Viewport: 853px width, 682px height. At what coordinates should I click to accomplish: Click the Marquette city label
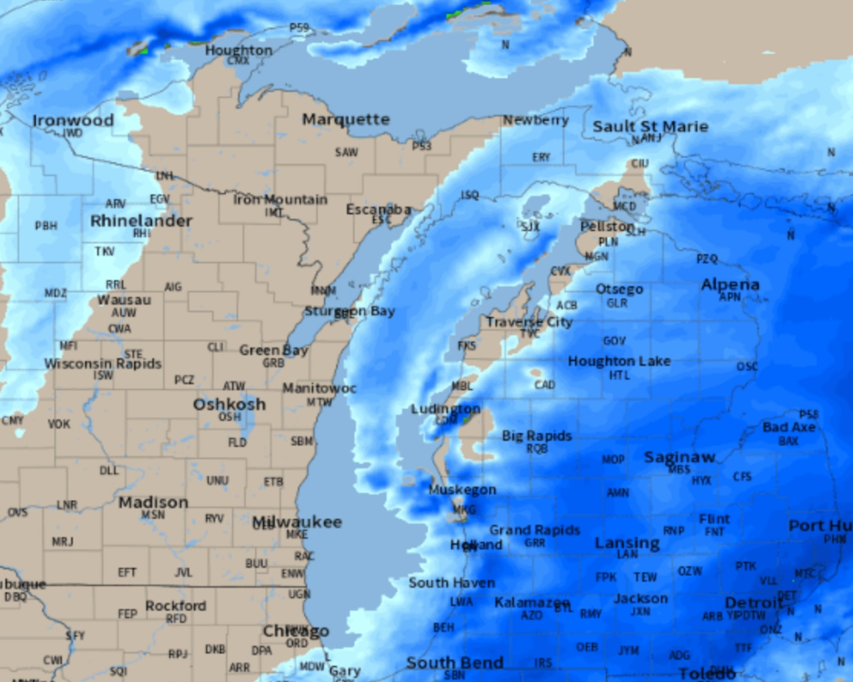[x=346, y=120]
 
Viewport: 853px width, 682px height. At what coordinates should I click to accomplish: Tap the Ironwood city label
[x=73, y=121]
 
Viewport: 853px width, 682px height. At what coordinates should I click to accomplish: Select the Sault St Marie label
[x=650, y=127]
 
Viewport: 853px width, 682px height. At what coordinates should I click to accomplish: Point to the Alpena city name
[x=730, y=284]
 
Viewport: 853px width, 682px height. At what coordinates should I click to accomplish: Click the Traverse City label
[x=529, y=322]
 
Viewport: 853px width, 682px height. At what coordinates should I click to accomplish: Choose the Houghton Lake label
[x=619, y=361]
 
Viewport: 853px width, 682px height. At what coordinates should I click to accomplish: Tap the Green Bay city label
[x=273, y=350]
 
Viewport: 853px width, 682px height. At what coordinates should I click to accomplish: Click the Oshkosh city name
[x=229, y=404]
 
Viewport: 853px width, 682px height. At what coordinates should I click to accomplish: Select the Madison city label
[x=153, y=502]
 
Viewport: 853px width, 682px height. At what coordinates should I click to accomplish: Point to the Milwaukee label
[x=297, y=522]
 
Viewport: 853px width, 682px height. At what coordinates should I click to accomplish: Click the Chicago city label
[x=296, y=631]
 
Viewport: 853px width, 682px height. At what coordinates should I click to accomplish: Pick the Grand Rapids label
[x=534, y=530]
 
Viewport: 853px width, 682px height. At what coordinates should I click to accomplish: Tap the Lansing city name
[x=627, y=543]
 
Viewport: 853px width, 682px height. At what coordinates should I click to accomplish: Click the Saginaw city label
[x=680, y=458]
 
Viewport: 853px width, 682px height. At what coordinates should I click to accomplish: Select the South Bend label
[x=454, y=663]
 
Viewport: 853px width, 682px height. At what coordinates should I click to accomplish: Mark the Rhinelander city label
[x=141, y=221]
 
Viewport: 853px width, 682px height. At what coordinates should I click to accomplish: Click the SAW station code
[x=347, y=153]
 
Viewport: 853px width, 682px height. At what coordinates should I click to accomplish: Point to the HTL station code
[x=619, y=376]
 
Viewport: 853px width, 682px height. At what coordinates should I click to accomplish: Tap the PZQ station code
[x=707, y=259]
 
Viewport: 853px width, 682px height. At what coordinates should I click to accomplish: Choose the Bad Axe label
[x=789, y=428]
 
